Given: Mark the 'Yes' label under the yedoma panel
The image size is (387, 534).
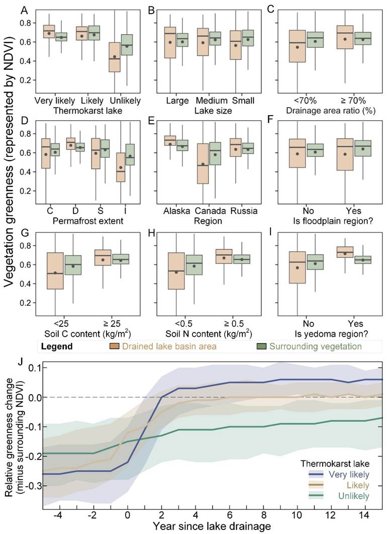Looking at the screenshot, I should [355, 324].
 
